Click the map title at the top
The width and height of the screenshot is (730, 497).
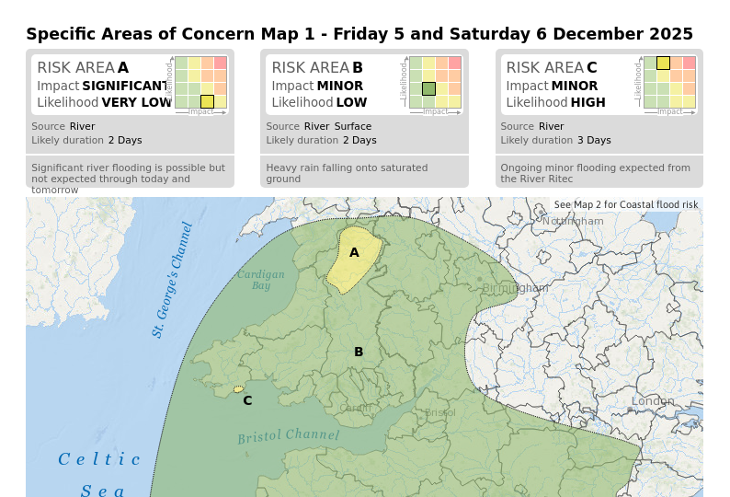point(359,34)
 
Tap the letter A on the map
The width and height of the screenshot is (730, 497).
point(354,252)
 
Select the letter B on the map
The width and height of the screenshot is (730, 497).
point(359,352)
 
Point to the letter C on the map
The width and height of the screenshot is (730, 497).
point(247,400)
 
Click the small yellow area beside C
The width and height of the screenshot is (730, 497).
point(238,389)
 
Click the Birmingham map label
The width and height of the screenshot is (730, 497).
point(515,288)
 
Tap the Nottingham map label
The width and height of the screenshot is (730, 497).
point(573,221)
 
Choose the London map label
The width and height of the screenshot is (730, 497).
point(653,401)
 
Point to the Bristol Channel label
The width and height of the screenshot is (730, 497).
point(289,435)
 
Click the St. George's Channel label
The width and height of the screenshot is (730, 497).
point(173,280)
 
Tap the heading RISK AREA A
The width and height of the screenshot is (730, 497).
point(83,68)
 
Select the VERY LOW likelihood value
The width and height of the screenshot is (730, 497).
point(137,103)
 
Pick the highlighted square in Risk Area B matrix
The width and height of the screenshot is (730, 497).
point(428,88)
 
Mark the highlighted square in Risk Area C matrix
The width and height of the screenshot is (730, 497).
point(663,63)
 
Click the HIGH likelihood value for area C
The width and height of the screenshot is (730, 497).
point(587,103)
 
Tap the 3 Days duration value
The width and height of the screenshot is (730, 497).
point(594,141)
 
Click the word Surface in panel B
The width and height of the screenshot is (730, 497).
point(353,126)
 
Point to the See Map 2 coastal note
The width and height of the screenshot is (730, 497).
point(626,204)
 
